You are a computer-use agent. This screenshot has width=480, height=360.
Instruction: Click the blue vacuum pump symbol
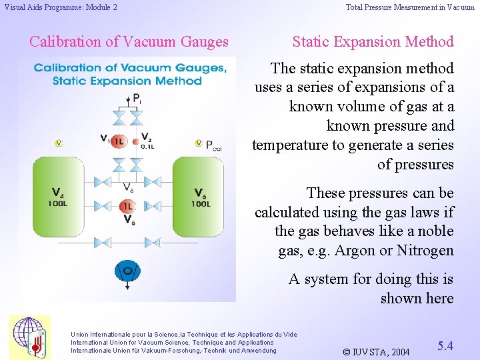127,271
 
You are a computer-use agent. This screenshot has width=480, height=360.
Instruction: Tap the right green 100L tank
201,197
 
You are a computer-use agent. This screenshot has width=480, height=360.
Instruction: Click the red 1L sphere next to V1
118,141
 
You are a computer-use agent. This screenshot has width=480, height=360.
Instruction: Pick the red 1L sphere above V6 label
127,207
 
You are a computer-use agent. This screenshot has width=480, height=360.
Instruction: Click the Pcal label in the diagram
213,145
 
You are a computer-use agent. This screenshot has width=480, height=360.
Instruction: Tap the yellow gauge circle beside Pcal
198,143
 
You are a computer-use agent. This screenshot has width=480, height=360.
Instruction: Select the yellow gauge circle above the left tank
58,143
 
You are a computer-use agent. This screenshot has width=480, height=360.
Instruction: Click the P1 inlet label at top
137,99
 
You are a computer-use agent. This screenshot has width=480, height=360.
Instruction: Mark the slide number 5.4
445,346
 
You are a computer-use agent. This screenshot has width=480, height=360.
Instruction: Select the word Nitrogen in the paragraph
424,251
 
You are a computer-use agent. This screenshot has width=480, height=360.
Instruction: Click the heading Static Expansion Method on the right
373,41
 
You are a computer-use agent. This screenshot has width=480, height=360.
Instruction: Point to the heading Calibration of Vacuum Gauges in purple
129,41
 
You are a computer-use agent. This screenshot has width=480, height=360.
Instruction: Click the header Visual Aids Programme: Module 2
61,7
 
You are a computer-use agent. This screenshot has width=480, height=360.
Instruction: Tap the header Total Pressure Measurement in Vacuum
410,7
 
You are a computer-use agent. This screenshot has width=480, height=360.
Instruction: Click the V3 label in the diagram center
129,187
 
